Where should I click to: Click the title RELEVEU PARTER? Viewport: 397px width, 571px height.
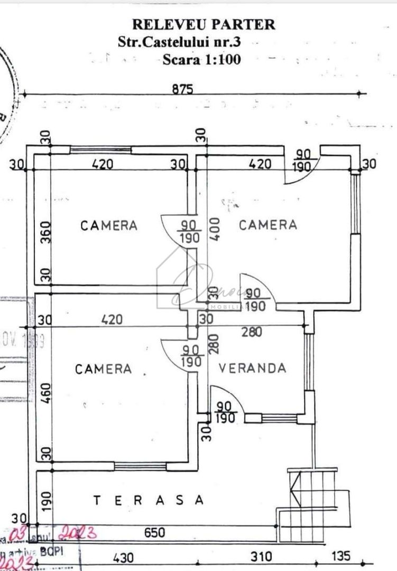point(204,24)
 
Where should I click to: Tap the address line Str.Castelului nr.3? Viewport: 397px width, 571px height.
point(182,42)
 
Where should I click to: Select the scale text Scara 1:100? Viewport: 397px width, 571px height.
point(201,59)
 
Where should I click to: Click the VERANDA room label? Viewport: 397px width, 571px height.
point(253,368)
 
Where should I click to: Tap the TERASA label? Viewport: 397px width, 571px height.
point(148,500)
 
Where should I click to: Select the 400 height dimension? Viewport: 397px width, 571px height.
point(214,229)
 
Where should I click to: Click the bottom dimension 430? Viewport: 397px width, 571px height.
point(123,557)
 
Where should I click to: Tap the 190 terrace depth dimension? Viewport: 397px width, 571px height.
point(45,499)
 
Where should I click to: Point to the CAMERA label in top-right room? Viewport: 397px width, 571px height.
point(268,225)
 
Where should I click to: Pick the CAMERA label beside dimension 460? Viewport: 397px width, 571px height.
point(103,369)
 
